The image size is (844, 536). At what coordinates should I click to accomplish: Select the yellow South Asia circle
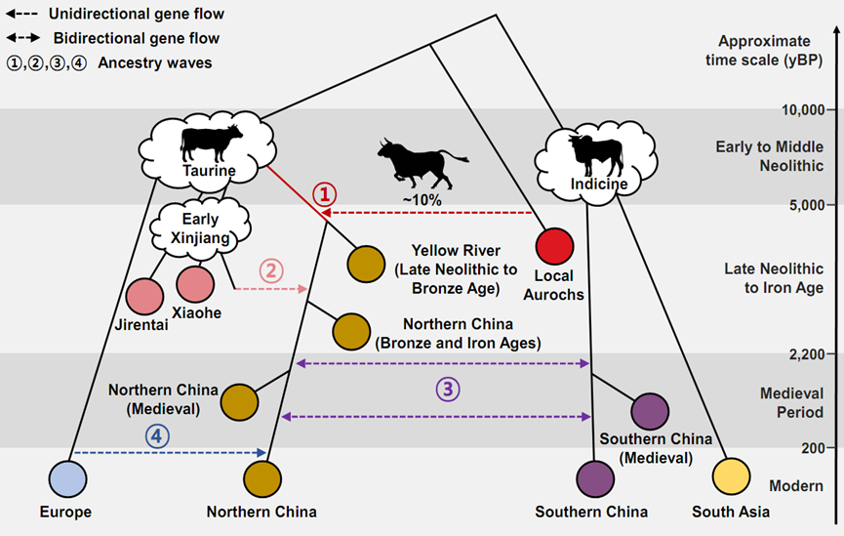pos(731,478)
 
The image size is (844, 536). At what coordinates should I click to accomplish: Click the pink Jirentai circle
pos(145,297)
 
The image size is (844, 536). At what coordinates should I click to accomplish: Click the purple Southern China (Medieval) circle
pos(650,409)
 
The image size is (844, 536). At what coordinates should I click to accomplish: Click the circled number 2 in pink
pos(272,270)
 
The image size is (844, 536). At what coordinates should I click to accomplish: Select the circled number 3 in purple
pos(447,390)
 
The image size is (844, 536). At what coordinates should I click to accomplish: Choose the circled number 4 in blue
pos(156,435)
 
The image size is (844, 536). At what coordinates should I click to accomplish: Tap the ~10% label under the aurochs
pos(423,199)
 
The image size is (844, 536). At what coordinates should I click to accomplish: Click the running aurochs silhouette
pos(422,161)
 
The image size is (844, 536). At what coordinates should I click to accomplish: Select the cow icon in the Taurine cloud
pos(211,142)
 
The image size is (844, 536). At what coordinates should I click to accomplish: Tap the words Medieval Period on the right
pos(791,402)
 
